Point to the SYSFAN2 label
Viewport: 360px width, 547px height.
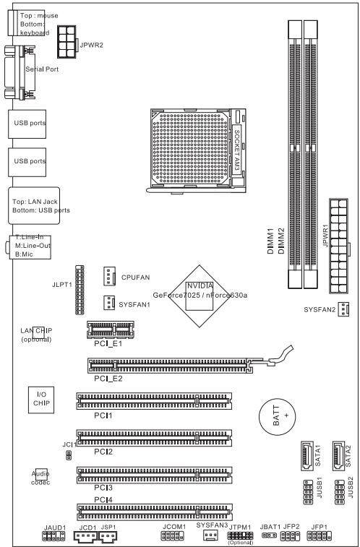[x=320, y=309]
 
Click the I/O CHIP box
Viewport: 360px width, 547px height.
[x=40, y=399]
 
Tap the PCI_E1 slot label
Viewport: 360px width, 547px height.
[x=108, y=344]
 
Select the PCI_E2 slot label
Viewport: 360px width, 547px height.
[x=108, y=379]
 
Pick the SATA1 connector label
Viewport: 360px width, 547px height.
[x=317, y=455]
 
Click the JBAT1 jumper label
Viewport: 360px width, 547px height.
[x=269, y=527]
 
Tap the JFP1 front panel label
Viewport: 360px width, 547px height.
[x=320, y=527]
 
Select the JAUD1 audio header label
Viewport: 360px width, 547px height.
[x=53, y=527]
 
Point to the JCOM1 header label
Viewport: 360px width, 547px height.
[x=174, y=527]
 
